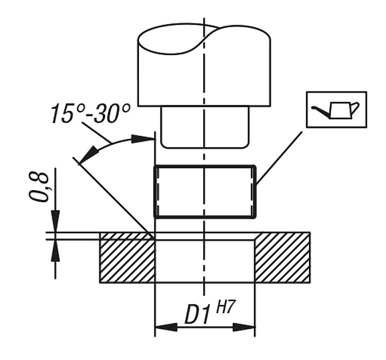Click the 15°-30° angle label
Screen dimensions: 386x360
[91, 114]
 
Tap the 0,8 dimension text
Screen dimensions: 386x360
[39, 187]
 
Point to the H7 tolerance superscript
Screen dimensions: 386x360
[224, 308]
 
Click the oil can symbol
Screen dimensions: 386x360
[336, 110]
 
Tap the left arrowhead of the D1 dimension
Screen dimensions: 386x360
[166, 327]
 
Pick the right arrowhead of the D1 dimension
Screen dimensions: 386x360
[244, 327]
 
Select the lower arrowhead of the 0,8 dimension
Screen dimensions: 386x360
[55, 250]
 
